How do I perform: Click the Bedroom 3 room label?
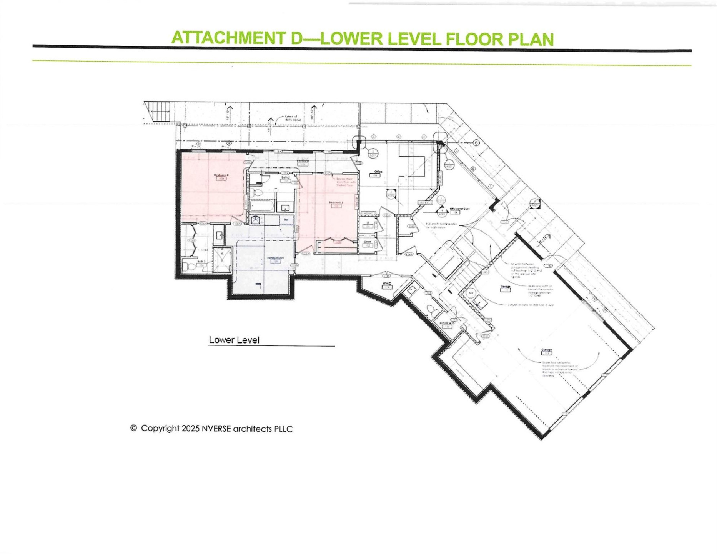point(221,175)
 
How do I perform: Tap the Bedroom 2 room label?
point(336,202)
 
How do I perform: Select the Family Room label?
point(275,258)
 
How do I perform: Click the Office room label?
point(378,172)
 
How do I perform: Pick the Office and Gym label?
point(459,209)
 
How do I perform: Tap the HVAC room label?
point(387,284)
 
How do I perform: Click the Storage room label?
point(505,287)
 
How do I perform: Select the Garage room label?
point(546,350)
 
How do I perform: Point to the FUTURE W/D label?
point(447,324)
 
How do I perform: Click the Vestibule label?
point(303,161)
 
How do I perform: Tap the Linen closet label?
point(368,242)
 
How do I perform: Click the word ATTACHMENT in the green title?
point(229,38)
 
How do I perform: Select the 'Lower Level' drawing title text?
point(234,340)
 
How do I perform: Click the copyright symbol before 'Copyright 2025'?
point(133,428)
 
